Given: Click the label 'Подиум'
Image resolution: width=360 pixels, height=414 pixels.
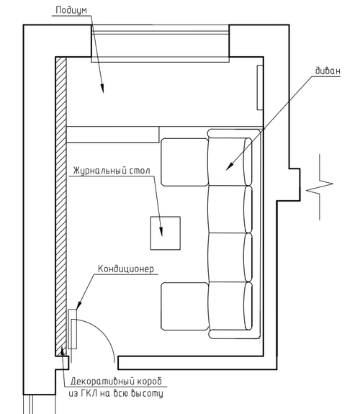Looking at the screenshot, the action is (71, 10).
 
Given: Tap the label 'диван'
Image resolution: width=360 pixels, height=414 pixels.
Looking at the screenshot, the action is (328, 71).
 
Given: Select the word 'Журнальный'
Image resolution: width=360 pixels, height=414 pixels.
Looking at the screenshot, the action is (99, 171).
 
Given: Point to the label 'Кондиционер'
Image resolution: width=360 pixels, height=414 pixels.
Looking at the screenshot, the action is (126, 269).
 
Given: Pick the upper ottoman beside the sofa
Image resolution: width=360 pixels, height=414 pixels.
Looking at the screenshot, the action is (184, 162).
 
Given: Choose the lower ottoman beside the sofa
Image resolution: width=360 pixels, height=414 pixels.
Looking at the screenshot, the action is (184, 306).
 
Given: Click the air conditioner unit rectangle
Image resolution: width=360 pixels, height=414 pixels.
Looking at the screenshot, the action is (73, 329).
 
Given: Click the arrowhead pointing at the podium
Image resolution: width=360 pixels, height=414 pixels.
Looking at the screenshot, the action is (102, 89).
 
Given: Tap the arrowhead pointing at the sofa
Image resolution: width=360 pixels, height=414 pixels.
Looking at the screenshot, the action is (230, 166).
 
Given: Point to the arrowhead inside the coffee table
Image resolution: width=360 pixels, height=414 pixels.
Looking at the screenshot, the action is (161, 232).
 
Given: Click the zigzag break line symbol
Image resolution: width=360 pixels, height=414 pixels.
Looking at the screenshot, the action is (320, 187).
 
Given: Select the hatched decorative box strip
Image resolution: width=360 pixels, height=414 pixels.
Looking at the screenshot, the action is (61, 207).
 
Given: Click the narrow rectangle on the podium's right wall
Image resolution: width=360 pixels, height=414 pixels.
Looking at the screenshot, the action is (260, 87).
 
